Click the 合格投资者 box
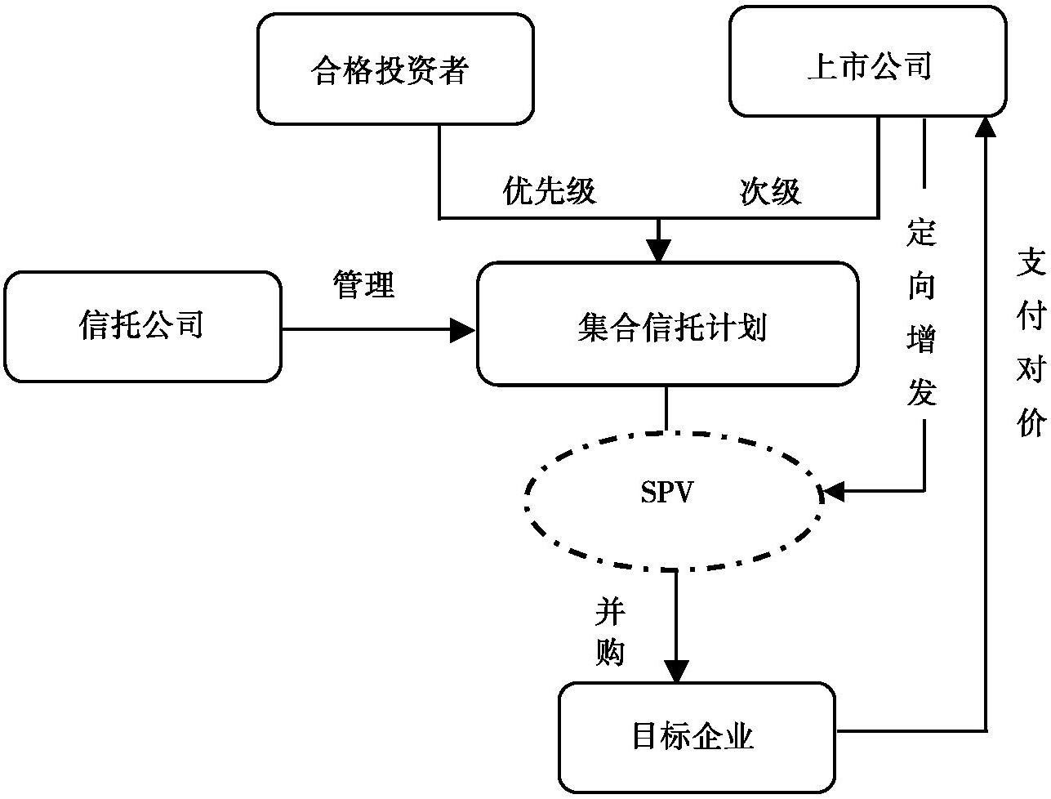[x=395, y=69]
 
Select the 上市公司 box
[x=867, y=62]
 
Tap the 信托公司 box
[x=142, y=327]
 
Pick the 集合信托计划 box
[x=667, y=324]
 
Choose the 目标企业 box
[x=697, y=737]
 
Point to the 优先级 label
[x=550, y=190]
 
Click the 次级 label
[x=770, y=190]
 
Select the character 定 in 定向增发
[x=921, y=234]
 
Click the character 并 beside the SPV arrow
[x=610, y=610]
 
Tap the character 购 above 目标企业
[x=610, y=653]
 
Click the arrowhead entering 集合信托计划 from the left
[x=464, y=330]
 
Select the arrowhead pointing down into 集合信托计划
[x=658, y=251]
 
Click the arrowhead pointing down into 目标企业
[x=676, y=671]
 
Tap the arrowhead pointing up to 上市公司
[x=986, y=127]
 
